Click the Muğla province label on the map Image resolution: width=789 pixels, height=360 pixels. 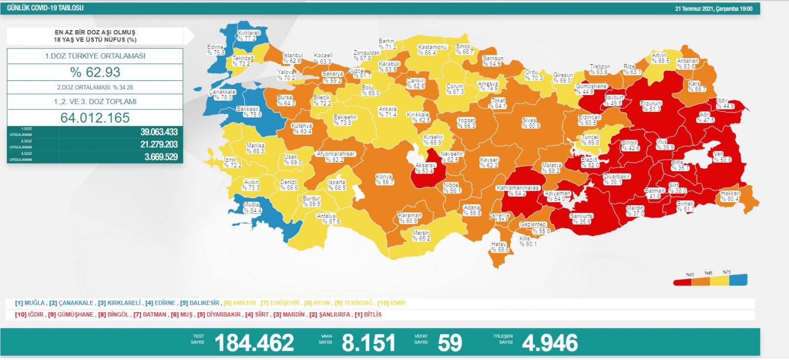pos(252,207)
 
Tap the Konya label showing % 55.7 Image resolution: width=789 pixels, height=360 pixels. pos(385,179)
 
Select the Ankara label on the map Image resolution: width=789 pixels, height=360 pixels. pos(388,111)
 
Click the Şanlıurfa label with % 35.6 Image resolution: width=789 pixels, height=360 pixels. pos(581,218)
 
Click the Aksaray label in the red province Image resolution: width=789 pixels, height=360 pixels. pos(425,168)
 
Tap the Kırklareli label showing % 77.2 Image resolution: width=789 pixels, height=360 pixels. pos(249,35)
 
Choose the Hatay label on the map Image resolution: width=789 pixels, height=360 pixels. pos(500,247)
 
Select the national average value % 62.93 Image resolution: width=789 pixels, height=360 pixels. pos(95,72)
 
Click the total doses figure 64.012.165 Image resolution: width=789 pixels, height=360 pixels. pos(95,118)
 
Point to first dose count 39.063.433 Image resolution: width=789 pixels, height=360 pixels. pos(159,132)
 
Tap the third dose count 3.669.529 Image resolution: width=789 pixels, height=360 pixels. pos(161,157)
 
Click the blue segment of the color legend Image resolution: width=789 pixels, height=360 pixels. pos(738,280)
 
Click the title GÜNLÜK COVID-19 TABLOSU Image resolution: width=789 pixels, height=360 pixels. pos(45,8)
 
